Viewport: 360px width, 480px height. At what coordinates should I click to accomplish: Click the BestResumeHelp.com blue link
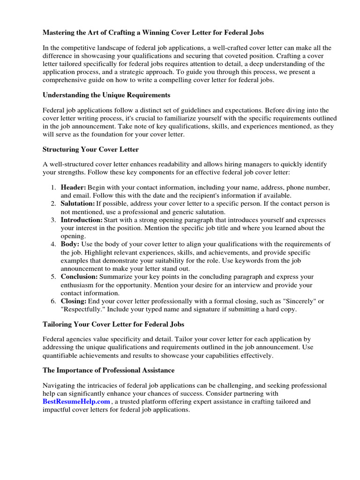(76, 402)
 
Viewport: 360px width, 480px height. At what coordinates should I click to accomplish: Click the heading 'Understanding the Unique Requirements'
(106, 95)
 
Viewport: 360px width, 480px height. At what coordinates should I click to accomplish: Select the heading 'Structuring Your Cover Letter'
(90, 150)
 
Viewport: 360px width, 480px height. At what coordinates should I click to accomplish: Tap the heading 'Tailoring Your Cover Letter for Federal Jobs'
(113, 324)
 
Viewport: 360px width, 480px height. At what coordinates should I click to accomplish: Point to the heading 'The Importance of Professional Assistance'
(108, 370)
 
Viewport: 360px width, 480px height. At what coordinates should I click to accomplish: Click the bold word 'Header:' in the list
(73, 187)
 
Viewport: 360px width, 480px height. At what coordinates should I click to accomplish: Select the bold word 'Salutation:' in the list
(78, 204)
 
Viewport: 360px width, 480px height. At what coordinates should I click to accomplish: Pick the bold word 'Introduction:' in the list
(82, 220)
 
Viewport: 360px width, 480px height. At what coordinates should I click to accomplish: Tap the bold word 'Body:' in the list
(70, 244)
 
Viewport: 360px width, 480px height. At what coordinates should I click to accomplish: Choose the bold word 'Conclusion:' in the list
(79, 277)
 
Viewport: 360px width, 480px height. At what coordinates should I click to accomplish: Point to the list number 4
(53, 244)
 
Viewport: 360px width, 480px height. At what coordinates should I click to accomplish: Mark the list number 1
(53, 187)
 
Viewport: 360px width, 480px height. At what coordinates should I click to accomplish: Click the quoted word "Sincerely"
(299, 301)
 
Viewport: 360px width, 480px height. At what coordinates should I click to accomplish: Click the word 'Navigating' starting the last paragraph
(60, 385)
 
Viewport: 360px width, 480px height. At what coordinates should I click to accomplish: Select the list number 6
(53, 301)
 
